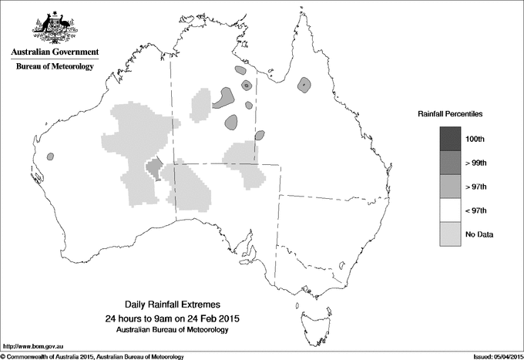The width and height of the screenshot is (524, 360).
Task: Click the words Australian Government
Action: click(x=54, y=52)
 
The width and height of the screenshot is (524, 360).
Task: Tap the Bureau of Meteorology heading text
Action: click(x=55, y=67)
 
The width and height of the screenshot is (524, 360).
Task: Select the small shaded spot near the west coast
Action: click(x=51, y=156)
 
